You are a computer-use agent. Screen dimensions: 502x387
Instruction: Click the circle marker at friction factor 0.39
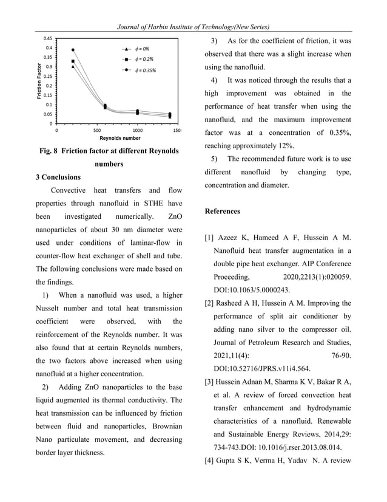(x=73, y=50)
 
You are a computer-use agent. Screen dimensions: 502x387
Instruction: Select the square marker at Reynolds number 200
(x=73, y=61)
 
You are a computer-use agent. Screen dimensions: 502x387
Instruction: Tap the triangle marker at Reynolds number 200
(x=73, y=67)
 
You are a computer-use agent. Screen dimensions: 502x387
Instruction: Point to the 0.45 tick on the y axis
(x=47, y=38)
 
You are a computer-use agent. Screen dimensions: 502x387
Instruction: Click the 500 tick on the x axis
(x=97, y=130)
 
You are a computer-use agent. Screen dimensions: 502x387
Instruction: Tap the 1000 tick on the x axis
(x=138, y=130)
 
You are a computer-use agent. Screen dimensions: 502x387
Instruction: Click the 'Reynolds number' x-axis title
(x=120, y=138)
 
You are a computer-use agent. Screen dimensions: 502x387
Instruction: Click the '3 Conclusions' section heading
(x=58, y=177)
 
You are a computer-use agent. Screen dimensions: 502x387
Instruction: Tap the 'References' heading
(x=222, y=211)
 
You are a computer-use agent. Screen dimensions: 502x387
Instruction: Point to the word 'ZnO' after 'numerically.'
(x=174, y=217)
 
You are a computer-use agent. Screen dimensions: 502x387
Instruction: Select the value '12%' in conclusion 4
(x=286, y=146)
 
